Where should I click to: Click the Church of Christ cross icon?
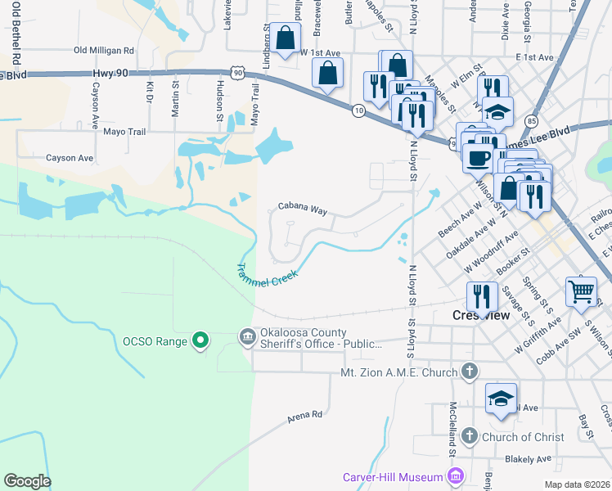[469, 436]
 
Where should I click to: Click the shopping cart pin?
[581, 291]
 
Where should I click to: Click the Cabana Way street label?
[302, 209]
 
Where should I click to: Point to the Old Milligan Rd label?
[103, 51]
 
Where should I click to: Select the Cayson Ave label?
[70, 158]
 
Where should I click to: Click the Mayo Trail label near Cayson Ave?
[124, 131]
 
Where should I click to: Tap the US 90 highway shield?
[237, 73]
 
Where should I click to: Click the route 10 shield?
[358, 110]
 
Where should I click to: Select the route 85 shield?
[532, 120]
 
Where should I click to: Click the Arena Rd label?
[305, 416]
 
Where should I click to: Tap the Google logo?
[27, 481]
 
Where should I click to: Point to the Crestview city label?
[481, 315]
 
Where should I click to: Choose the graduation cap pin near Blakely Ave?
[501, 399]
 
